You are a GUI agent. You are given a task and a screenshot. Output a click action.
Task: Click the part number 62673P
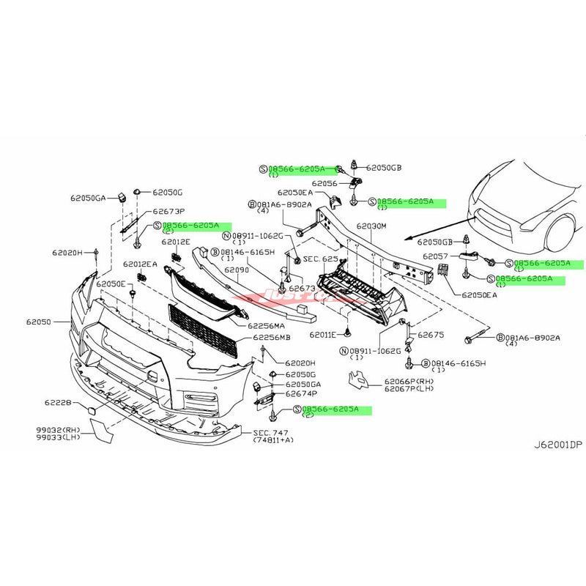[168, 210]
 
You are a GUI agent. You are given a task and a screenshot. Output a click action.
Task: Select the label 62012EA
[141, 264]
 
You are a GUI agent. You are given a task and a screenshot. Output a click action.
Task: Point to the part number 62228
[59, 401]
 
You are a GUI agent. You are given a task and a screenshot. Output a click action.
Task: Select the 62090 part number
[237, 270]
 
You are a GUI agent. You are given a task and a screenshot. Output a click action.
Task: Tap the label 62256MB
[270, 338]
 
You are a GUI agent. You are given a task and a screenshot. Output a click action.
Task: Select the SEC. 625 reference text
[320, 259]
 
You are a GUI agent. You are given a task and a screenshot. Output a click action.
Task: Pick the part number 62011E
[322, 334]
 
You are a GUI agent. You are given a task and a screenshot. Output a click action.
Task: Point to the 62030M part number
[371, 227]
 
